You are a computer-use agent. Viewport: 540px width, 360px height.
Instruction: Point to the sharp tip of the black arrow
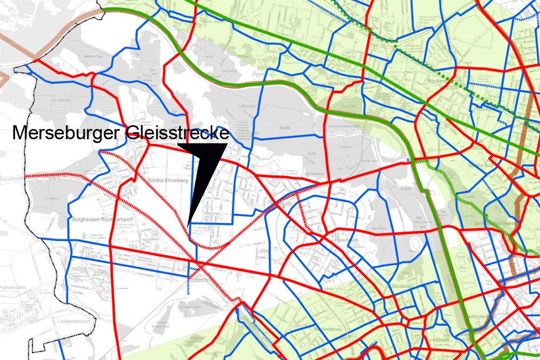tap(188, 223)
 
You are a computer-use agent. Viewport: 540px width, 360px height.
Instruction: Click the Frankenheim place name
tap(15, 288)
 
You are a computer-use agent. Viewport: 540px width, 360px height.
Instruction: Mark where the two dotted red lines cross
tap(201, 265)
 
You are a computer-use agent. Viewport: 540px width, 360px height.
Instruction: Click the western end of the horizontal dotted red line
tap(28, 176)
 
